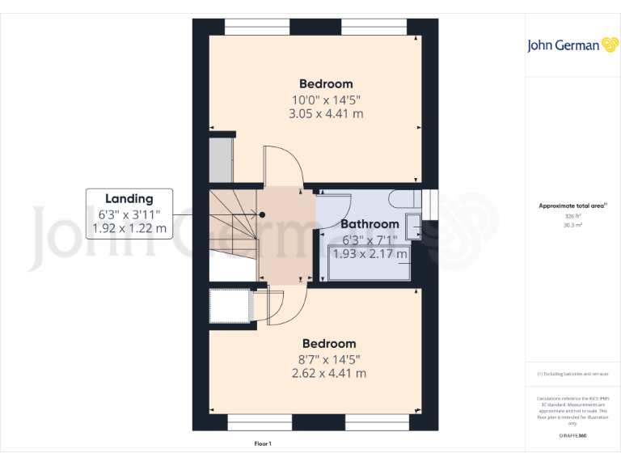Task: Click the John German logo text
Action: (564, 45)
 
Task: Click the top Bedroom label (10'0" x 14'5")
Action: (326, 84)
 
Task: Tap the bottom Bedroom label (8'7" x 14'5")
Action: (327, 344)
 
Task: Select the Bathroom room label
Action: (369, 224)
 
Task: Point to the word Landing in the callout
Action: (129, 199)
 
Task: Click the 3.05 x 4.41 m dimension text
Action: (326, 114)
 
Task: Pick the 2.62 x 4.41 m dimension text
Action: (327, 373)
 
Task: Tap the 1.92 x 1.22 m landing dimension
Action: (129, 228)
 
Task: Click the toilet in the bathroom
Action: (402, 199)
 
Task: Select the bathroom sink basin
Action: (413, 226)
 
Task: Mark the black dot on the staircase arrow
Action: (263, 214)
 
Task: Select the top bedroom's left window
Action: (257, 27)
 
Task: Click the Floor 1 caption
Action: (263, 444)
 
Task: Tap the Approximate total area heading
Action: (572, 206)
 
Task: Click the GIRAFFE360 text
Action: (572, 435)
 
